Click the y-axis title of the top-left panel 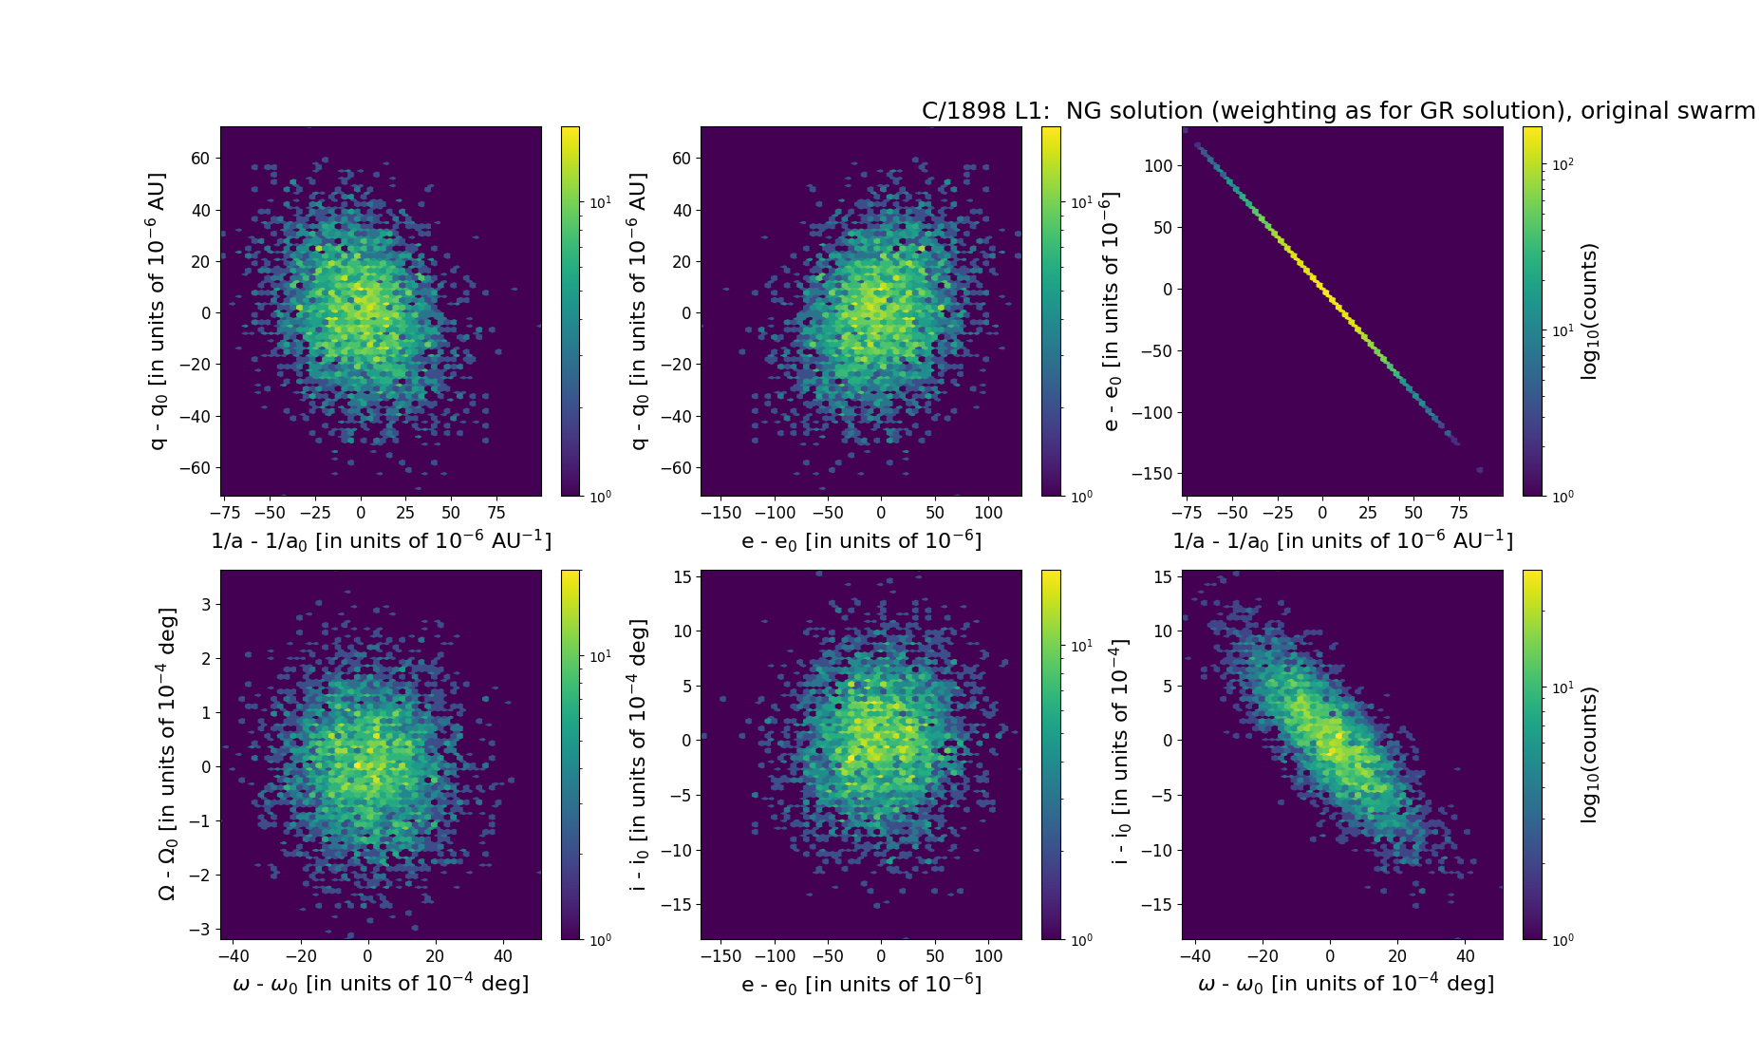point(158,311)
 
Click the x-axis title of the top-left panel point(381,540)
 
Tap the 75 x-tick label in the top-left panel point(496,513)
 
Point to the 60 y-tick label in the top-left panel point(200,159)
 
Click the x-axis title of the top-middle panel point(861,540)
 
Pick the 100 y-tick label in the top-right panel point(1158,166)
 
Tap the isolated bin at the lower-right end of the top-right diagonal point(1479,470)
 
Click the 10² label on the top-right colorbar point(1563,164)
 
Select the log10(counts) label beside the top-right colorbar point(1590,311)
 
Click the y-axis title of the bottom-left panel point(166,754)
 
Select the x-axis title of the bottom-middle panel point(861,984)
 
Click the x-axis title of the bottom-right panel point(1345,984)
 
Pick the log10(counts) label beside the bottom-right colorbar point(1590,755)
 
